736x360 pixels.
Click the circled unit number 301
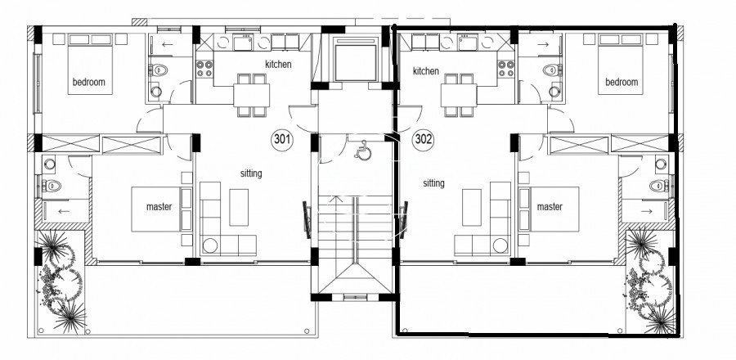click(282, 140)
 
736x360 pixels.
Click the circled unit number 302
click(424, 140)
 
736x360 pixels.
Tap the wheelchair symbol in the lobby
click(362, 151)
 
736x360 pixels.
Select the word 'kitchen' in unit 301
click(278, 64)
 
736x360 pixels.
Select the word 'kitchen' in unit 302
click(426, 71)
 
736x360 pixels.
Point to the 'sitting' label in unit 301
click(251, 173)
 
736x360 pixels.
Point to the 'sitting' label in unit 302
click(433, 183)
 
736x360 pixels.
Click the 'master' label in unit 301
click(159, 206)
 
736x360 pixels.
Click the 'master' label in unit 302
click(550, 206)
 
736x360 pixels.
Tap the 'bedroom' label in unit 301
click(88, 82)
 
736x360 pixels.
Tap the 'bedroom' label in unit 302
click(622, 82)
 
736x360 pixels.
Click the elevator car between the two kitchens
click(356, 58)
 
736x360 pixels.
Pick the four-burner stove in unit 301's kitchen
click(204, 69)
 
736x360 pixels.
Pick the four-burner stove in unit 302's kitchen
click(506, 69)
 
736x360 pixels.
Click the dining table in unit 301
click(252, 95)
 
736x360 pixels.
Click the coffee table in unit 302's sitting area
click(471, 208)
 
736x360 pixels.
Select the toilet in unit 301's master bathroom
click(52, 186)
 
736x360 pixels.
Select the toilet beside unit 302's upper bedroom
click(553, 70)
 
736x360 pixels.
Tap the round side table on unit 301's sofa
click(210, 245)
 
